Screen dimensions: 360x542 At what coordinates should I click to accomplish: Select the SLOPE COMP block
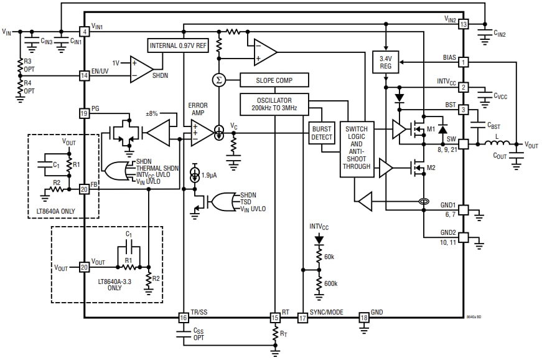[x=274, y=80]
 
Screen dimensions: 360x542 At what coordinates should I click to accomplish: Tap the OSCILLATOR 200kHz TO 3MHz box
[x=274, y=104]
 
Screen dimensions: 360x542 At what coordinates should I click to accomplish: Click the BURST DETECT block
[x=322, y=132]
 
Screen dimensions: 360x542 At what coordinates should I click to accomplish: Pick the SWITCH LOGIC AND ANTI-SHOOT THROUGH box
[x=357, y=149]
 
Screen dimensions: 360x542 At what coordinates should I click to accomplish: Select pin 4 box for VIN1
[x=84, y=31]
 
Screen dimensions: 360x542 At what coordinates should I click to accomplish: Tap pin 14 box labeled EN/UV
[x=84, y=75]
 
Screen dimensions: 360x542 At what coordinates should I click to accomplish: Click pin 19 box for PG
[x=84, y=113]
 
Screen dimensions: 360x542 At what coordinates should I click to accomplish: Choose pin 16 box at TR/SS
[x=183, y=318]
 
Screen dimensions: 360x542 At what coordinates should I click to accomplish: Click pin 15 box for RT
[x=274, y=318]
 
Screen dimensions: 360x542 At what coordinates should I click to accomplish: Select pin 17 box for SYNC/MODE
[x=302, y=318]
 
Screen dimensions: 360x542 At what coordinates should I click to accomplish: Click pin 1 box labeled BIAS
[x=463, y=62]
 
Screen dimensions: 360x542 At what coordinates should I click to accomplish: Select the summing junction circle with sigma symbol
[x=218, y=80]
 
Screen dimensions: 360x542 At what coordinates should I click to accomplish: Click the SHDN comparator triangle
[x=141, y=68]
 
